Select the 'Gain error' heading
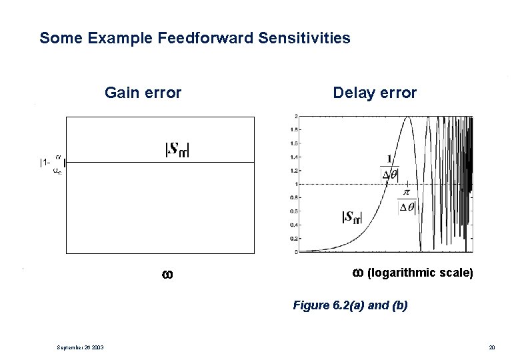tap(143, 93)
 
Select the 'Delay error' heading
tap(375, 93)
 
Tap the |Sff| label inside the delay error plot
tap(351, 217)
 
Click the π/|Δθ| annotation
tap(406, 199)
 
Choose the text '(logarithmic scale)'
tap(420, 273)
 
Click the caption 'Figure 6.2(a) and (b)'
tap(350, 306)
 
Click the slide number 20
tap(492, 346)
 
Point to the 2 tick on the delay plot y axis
tap(295, 117)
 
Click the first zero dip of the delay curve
tap(420, 251)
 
